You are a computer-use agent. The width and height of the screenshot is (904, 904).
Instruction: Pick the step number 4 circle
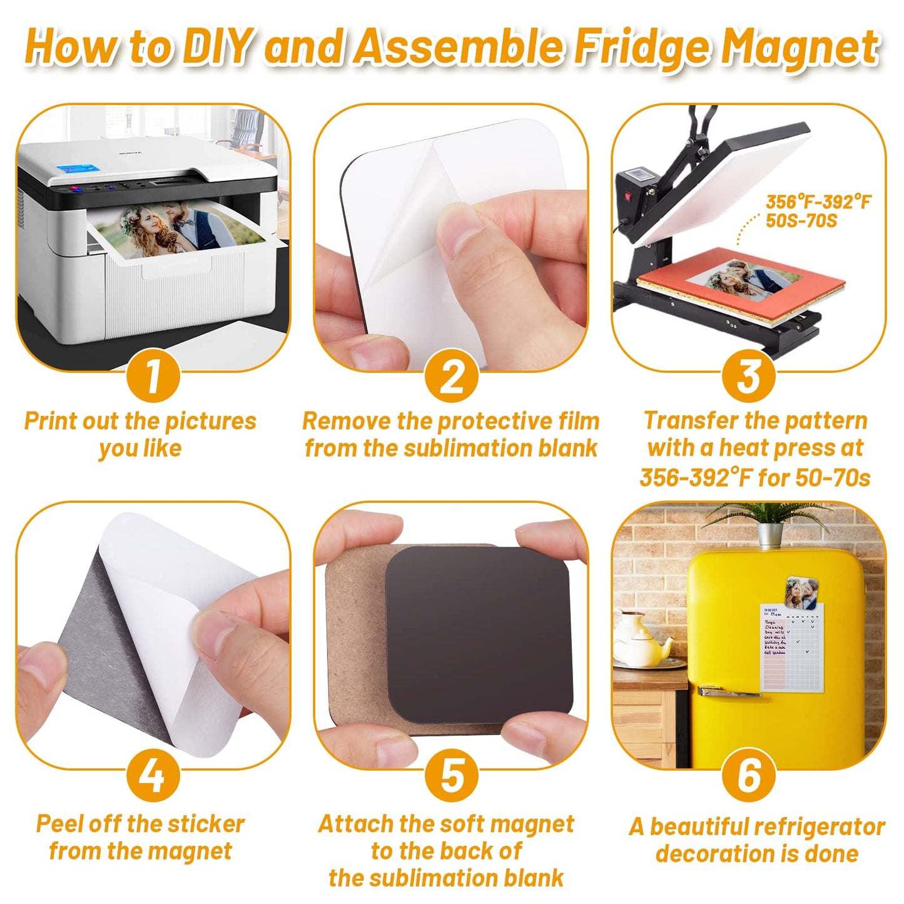[x=153, y=775]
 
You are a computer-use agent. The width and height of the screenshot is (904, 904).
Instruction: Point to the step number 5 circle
[x=452, y=775]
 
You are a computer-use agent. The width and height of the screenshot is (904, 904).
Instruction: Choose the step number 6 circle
[x=748, y=775]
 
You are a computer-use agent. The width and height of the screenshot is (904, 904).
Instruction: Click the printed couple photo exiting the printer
[x=178, y=231]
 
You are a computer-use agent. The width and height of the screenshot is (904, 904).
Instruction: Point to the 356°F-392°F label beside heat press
[x=818, y=202]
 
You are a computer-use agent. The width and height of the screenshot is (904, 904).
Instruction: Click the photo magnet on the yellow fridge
[x=801, y=592]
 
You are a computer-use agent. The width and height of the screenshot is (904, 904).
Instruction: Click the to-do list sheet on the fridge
[x=791, y=648]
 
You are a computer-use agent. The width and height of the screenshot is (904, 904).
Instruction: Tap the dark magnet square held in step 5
[x=479, y=632]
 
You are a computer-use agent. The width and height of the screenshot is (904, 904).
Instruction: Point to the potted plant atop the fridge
[x=770, y=522]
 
